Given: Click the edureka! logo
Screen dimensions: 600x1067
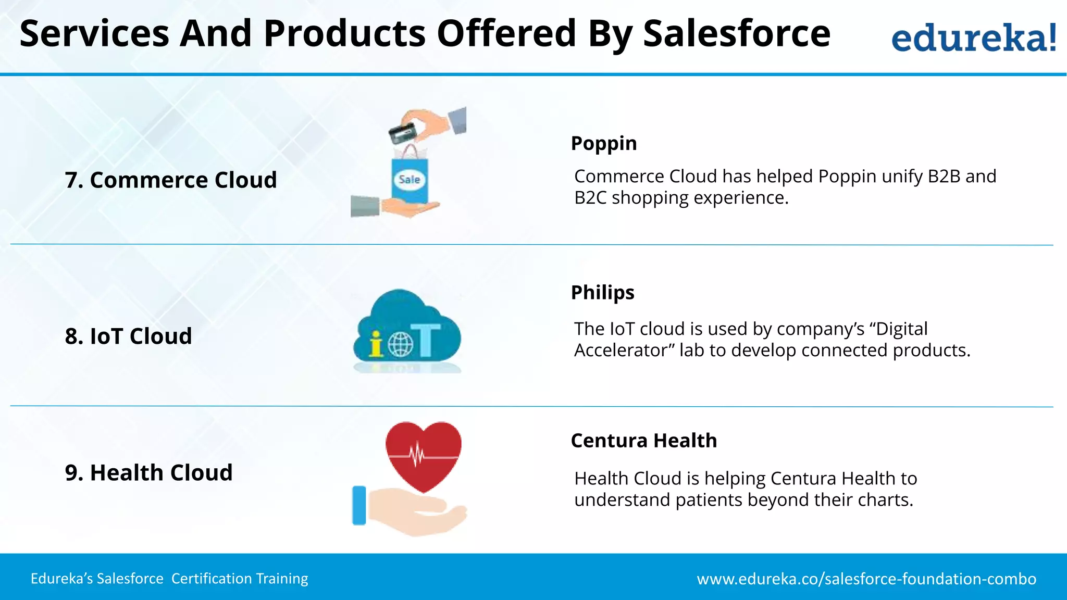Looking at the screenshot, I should pyautogui.click(x=973, y=37).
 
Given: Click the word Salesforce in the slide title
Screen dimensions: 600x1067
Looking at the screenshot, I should pyautogui.click(x=736, y=34).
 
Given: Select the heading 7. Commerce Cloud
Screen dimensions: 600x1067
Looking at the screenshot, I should pyautogui.click(x=171, y=180).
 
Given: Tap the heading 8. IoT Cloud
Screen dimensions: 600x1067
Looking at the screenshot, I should pyautogui.click(x=128, y=336).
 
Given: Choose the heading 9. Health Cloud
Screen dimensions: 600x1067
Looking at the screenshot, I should pyautogui.click(x=148, y=473).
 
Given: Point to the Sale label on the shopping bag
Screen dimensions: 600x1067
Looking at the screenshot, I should pyautogui.click(x=409, y=180).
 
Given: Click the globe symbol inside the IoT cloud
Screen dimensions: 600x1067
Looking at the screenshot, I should pyautogui.click(x=400, y=344).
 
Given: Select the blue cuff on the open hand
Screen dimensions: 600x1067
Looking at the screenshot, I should pyautogui.click(x=359, y=505).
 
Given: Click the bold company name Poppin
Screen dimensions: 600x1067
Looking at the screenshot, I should pyautogui.click(x=603, y=143).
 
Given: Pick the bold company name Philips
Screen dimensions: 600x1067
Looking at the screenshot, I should pyautogui.click(x=602, y=293).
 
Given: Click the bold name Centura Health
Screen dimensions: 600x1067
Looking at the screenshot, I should pyautogui.click(x=643, y=441).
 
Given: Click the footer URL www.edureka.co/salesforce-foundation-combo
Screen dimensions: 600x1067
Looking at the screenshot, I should pyautogui.click(x=866, y=579).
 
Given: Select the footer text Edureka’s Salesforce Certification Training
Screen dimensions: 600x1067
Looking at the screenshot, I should pyautogui.click(x=169, y=579).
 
